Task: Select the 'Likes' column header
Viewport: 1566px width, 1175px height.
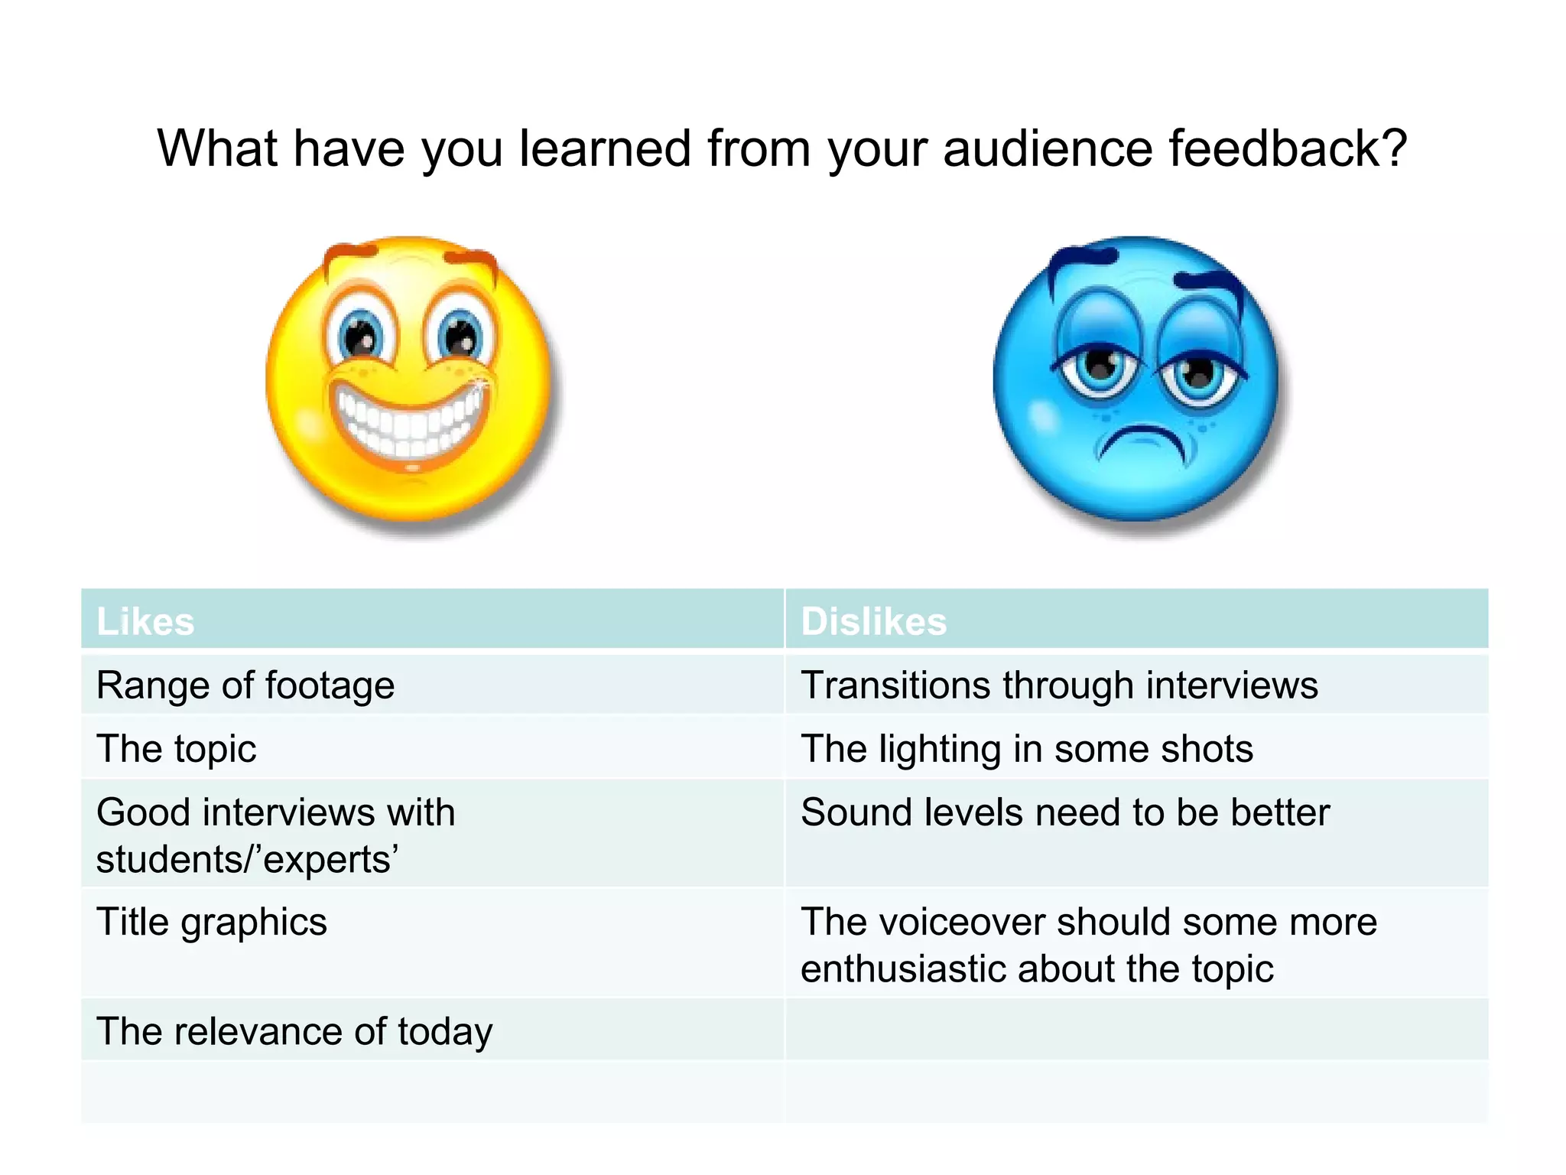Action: pos(145,621)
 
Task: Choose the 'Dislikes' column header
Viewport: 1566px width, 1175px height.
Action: pos(873,621)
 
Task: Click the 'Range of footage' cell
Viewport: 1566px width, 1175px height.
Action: pos(245,685)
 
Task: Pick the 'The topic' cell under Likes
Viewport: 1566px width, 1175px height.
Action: pos(177,749)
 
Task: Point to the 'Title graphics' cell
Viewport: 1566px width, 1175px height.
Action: pos(212,922)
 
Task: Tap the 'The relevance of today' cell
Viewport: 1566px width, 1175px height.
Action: pos(294,1031)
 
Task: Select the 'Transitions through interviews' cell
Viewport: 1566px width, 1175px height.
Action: pos(1059,685)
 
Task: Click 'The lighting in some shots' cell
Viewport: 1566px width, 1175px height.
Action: pos(1026,749)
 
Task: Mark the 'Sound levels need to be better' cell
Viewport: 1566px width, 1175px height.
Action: pos(1065,812)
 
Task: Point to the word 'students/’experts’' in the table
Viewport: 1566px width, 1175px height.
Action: pos(247,860)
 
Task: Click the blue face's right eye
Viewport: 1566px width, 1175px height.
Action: pos(1197,373)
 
